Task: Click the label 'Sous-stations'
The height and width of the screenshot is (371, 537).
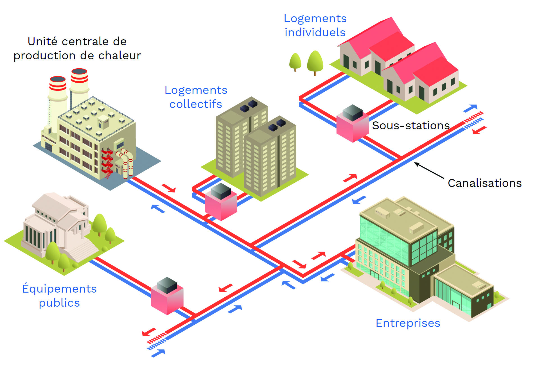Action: (411, 125)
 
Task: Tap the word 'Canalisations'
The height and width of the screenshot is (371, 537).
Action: (485, 183)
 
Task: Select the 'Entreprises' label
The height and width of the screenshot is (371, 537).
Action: (408, 323)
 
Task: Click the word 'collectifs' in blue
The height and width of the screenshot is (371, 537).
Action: (196, 104)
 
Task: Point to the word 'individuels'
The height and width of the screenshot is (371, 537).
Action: (315, 32)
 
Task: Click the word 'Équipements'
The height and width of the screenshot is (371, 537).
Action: (59, 288)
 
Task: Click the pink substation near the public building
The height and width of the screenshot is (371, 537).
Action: (167, 296)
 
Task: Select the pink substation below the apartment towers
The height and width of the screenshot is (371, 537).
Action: (221, 202)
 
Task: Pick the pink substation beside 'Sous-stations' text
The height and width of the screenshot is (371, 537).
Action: (353, 123)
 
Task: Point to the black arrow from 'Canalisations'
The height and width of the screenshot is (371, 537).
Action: (429, 170)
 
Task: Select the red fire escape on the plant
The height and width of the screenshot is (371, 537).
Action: (107, 163)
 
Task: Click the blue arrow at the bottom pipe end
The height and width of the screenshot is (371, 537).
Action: (158, 353)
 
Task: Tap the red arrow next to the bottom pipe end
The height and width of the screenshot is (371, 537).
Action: (149, 332)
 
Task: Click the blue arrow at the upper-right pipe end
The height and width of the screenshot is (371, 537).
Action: (470, 108)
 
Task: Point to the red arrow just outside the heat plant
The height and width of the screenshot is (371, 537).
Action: (169, 188)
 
